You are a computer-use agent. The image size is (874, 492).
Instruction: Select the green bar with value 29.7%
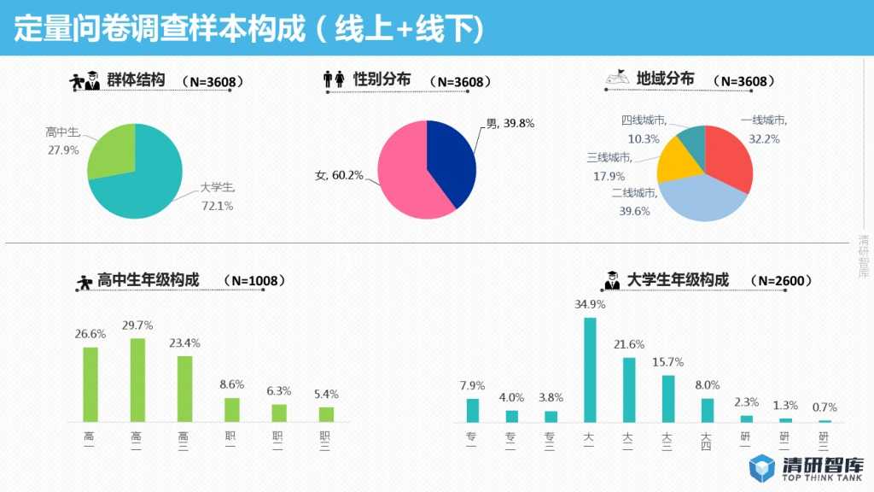point(137,380)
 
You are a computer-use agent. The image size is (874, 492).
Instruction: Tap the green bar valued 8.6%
point(232,409)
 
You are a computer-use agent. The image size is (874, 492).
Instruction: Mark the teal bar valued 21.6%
point(629,389)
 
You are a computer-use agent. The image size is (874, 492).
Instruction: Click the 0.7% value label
point(824,407)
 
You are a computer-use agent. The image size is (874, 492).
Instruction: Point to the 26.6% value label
point(90,333)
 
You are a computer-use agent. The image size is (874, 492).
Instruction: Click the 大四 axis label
point(707,441)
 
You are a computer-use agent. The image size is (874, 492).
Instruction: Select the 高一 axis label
point(90,441)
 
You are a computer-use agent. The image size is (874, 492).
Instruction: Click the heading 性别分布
point(382,79)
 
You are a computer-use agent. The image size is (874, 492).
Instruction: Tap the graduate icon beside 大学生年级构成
point(612,280)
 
